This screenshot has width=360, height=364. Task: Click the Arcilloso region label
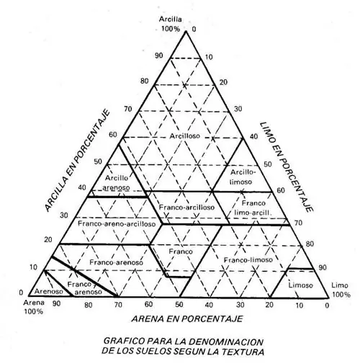[x=185, y=136]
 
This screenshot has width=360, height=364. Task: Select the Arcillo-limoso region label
[x=243, y=177]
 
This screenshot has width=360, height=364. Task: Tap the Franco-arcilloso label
[x=186, y=207]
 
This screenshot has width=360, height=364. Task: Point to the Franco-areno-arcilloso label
[x=117, y=224]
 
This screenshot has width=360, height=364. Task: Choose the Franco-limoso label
[x=248, y=259]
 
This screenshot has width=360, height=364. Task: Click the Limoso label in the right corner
[x=300, y=285]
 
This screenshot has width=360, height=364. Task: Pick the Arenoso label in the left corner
[x=49, y=291]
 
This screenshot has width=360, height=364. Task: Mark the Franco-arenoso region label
[x=116, y=262]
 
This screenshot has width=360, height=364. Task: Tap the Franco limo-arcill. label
[x=253, y=208]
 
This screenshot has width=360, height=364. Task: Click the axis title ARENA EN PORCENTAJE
[x=187, y=319]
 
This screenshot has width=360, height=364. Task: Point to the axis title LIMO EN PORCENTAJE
[x=287, y=167]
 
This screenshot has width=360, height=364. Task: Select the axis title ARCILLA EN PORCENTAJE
[x=77, y=161]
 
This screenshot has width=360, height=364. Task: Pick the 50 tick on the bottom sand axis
[x=179, y=304]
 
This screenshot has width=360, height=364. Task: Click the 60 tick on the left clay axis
[x=113, y=135]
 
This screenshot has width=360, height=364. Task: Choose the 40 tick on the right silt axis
[x=253, y=137]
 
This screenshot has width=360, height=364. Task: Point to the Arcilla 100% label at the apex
[x=170, y=25]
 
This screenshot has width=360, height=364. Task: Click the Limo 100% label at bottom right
[x=341, y=290]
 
